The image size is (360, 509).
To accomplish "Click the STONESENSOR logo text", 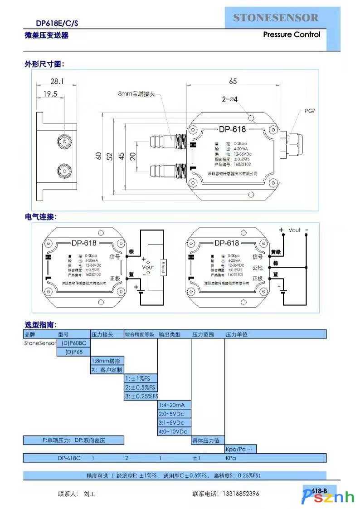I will pyautogui.click(x=276, y=18).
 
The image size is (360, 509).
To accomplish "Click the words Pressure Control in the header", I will pyautogui.click(x=292, y=34).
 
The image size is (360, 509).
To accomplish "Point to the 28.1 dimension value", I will pyautogui.click(x=57, y=81).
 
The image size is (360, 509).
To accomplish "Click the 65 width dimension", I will pyautogui.click(x=233, y=81).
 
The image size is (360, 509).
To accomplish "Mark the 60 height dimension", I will pyautogui.click(x=98, y=155).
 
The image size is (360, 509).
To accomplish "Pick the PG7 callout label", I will pyautogui.click(x=310, y=110).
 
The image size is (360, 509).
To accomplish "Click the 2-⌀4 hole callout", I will pyautogui.click(x=230, y=99).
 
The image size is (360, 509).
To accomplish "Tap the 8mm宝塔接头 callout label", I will pyautogui.click(x=136, y=93).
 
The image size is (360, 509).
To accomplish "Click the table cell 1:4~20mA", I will pyautogui.click(x=174, y=405).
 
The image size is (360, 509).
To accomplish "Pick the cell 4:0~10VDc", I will pyautogui.click(x=174, y=431).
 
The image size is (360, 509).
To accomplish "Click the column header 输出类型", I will pyautogui.click(x=170, y=334).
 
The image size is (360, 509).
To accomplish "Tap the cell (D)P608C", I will pyautogui.click(x=73, y=343).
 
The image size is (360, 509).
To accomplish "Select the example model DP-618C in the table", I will pyautogui.click(x=69, y=458).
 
